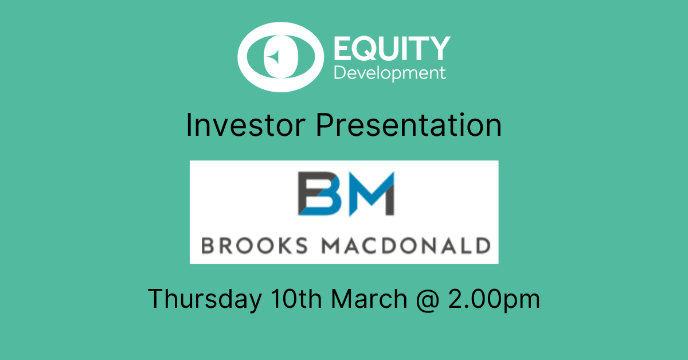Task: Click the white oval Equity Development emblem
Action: pyautogui.click(x=279, y=56)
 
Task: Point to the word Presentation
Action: pyautogui.click(x=409, y=126)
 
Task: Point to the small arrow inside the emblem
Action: pyautogui.click(x=274, y=56)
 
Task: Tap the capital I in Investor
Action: pyautogui.click(x=190, y=126)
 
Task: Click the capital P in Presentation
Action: pyautogui.click(x=325, y=126)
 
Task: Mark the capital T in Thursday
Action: pyautogui.click(x=156, y=299)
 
